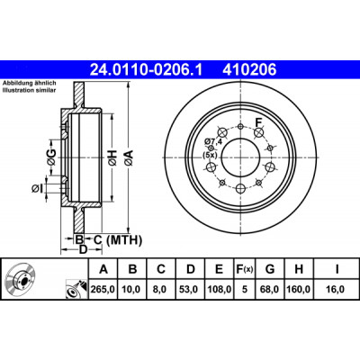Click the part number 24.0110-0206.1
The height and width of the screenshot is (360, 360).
click(x=147, y=70)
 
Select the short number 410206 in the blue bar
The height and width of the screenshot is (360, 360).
click(x=249, y=70)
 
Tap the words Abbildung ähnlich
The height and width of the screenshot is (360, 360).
click(x=30, y=83)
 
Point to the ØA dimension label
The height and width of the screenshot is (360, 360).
click(x=129, y=158)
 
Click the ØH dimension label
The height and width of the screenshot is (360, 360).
click(x=112, y=158)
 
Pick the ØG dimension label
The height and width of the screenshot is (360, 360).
click(x=51, y=157)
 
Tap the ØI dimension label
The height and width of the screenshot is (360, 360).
click(x=37, y=188)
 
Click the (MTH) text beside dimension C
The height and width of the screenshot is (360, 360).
click(x=124, y=240)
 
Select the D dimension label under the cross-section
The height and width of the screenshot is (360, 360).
click(x=83, y=249)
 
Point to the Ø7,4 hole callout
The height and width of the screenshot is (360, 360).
click(x=212, y=141)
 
